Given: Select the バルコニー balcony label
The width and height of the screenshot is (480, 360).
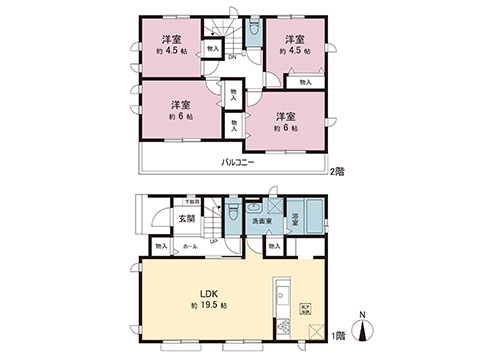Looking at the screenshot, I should pos(238,162).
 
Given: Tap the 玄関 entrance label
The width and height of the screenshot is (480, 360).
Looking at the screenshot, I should pos(186,220).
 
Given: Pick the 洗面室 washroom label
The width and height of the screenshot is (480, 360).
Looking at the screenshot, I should pos(263,220).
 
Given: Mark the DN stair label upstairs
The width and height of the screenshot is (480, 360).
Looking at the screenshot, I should pos(231,57).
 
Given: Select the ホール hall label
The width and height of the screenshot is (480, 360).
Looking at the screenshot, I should pos(189,244).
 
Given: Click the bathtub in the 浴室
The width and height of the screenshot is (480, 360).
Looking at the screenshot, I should pos(313,215).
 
